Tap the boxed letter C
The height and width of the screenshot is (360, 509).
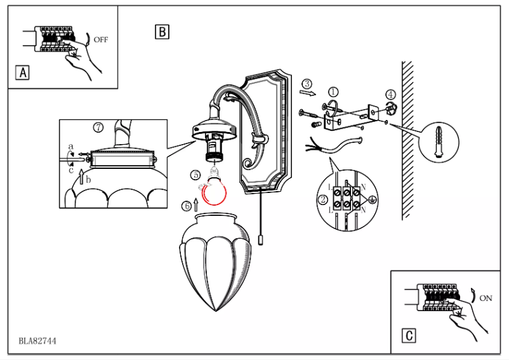[x=410, y=335]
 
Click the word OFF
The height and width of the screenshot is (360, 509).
[x=101, y=39]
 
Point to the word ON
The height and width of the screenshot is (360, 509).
[x=486, y=297]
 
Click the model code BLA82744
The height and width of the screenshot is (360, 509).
[x=37, y=341]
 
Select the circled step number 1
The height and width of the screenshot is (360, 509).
[x=333, y=93]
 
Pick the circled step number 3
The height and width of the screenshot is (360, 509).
[x=307, y=83]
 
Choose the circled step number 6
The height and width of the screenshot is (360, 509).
[x=186, y=205]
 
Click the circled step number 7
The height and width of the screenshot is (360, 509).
[x=98, y=127]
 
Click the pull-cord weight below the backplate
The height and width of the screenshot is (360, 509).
[x=260, y=241]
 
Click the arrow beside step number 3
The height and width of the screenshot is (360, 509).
[x=307, y=93]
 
